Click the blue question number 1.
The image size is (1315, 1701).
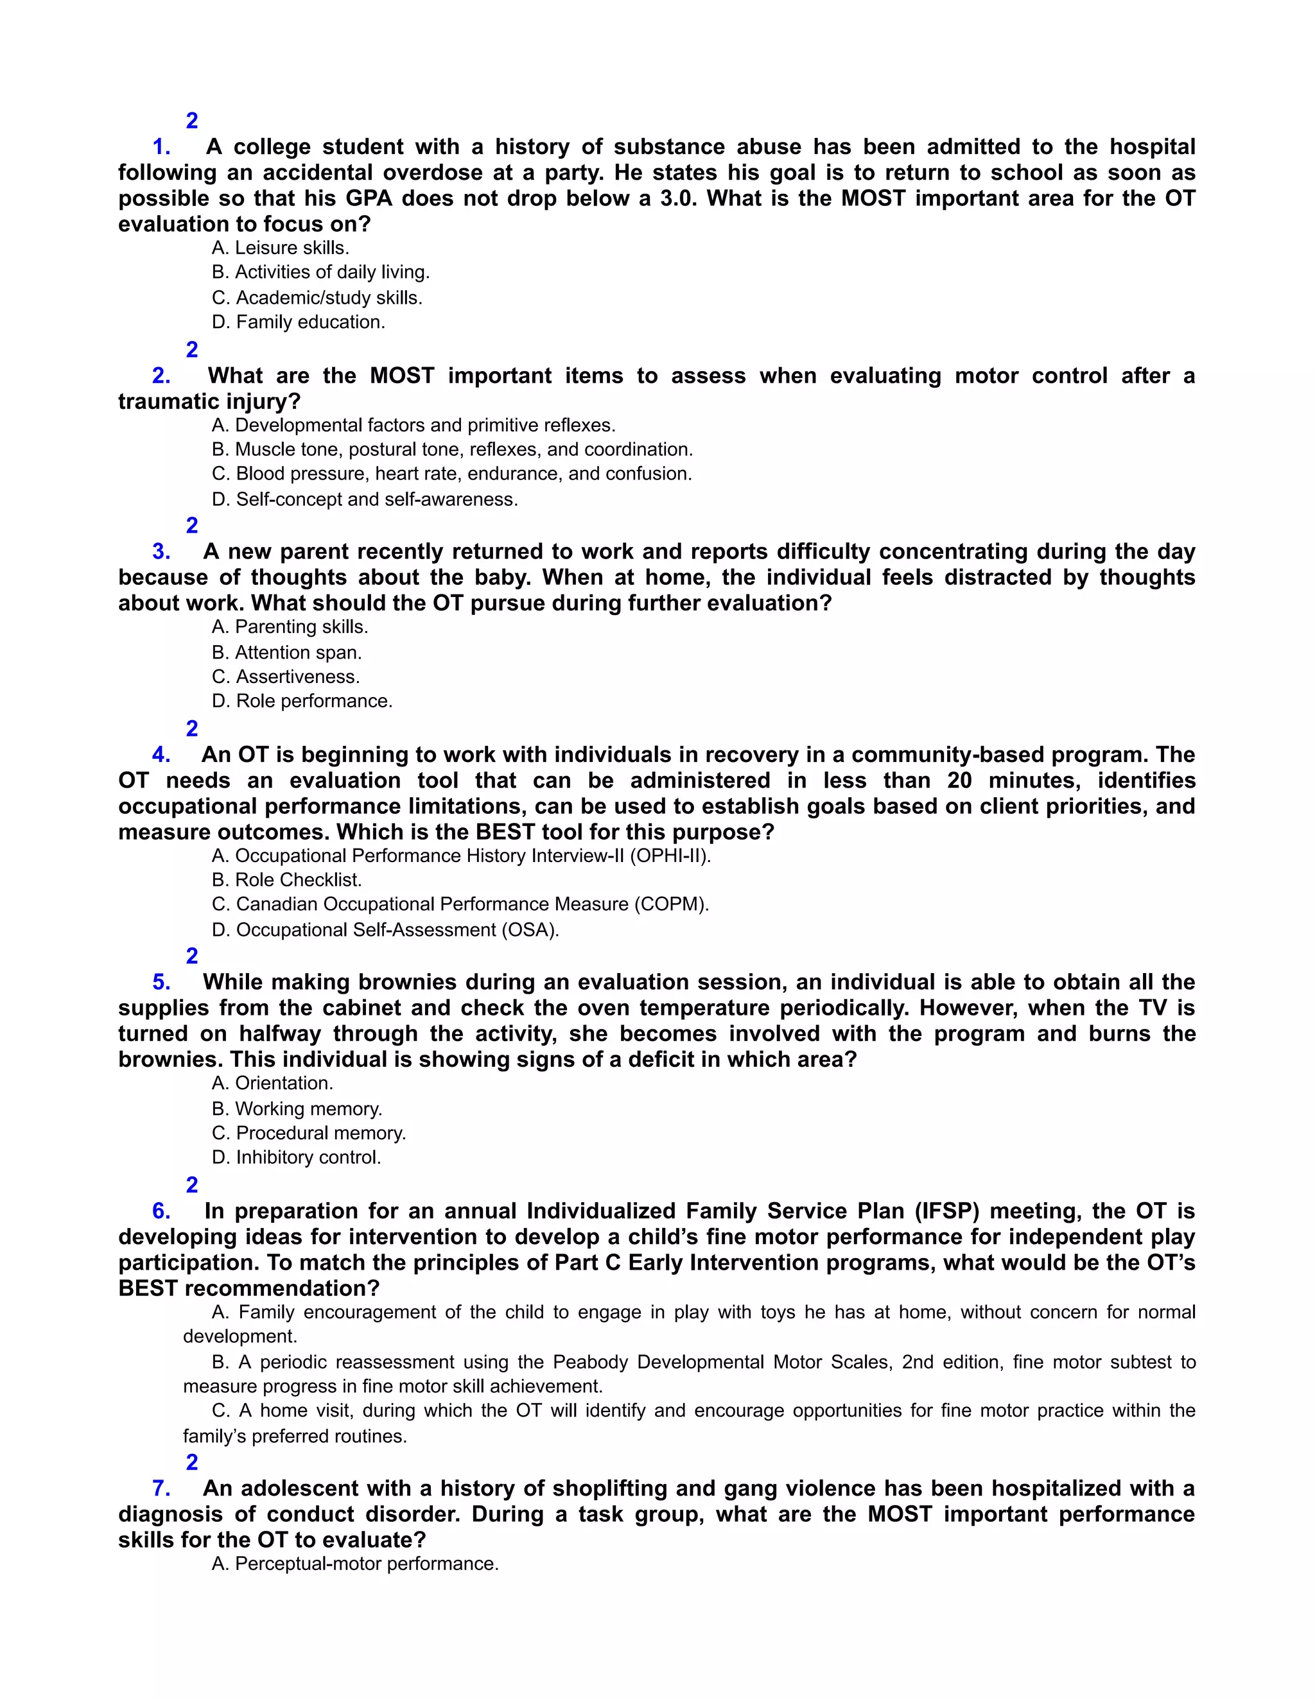pyautogui.click(x=161, y=146)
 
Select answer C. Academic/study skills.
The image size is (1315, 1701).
pyautogui.click(x=317, y=298)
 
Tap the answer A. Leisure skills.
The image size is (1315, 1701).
pyautogui.click(x=281, y=248)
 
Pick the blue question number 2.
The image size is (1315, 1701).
pyautogui.click(x=161, y=376)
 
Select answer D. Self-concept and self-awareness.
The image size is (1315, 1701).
pyautogui.click(x=365, y=499)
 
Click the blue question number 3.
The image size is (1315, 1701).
pyautogui.click(x=161, y=551)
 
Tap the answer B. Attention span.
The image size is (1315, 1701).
pyautogui.click(x=286, y=653)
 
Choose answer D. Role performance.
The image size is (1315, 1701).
pyautogui.click(x=302, y=701)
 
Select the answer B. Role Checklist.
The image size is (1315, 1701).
pyautogui.click(x=286, y=880)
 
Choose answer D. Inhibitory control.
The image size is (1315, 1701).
pyautogui.click(x=296, y=1157)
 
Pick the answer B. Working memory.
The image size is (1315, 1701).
pyautogui.click(x=297, y=1109)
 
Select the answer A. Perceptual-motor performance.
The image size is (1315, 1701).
pyautogui.click(x=354, y=1564)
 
